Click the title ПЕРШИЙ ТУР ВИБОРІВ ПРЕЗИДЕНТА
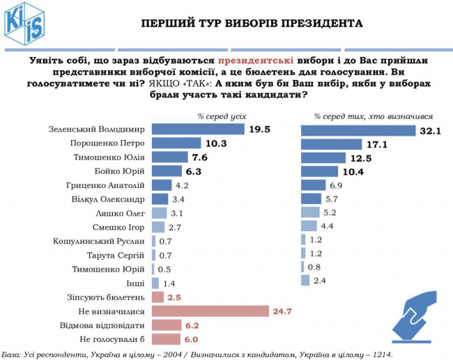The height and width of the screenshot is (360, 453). pyautogui.click(x=252, y=23)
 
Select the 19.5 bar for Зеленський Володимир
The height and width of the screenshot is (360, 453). pyautogui.click(x=198, y=129)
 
